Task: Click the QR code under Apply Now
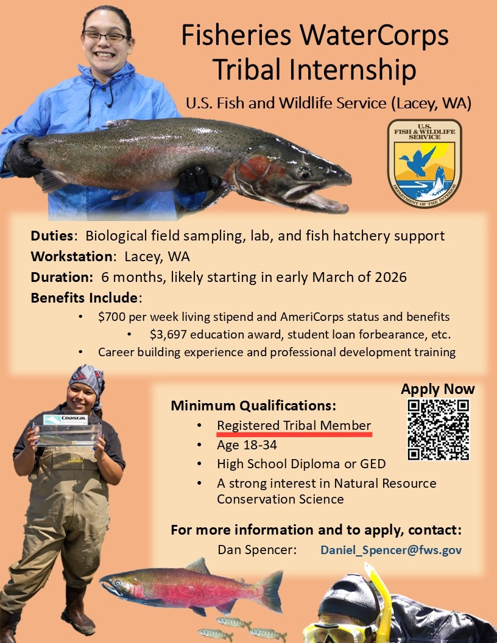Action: [439, 429]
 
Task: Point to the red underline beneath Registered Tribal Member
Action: [294, 435]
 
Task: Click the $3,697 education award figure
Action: [168, 334]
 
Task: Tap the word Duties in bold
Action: [53, 236]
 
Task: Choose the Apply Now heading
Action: [437, 389]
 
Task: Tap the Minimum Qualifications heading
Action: [253, 406]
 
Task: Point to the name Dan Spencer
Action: [256, 550]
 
